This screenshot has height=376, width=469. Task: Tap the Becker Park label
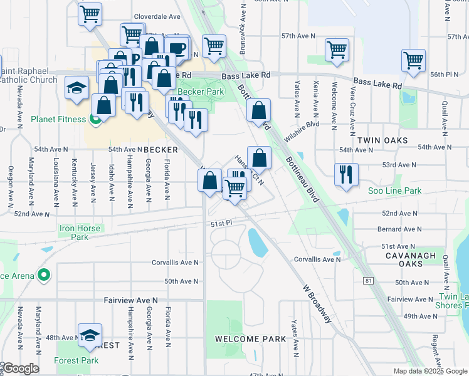[x=201, y=91]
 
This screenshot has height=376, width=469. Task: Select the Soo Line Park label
[x=394, y=191]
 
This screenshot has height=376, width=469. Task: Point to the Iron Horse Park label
[x=80, y=233]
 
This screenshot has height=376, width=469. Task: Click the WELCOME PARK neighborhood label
[x=250, y=339]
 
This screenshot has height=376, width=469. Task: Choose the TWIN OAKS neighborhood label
[x=382, y=141]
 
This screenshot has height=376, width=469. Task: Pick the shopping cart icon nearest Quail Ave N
[x=414, y=61]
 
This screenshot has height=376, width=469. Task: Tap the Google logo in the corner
[x=20, y=368]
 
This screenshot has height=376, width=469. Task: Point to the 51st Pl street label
[x=218, y=224]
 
